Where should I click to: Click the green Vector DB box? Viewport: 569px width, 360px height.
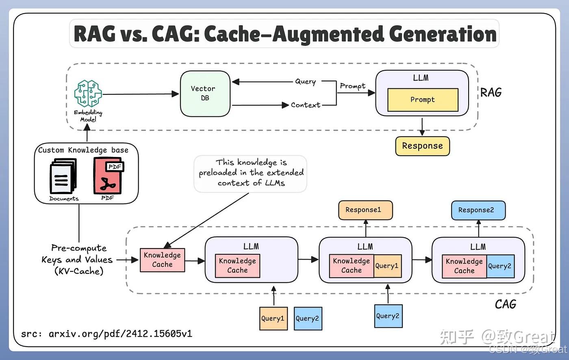pyautogui.click(x=205, y=94)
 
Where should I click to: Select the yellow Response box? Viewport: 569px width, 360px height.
pyautogui.click(x=422, y=146)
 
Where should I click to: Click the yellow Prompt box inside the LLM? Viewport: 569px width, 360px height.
pyautogui.click(x=423, y=100)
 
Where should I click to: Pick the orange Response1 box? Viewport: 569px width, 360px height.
pyautogui.click(x=365, y=210)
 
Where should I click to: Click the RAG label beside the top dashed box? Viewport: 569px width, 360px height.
pyautogui.click(x=491, y=93)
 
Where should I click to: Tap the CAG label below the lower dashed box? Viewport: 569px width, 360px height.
pyautogui.click(x=505, y=304)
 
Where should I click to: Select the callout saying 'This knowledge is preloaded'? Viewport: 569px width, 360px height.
pyautogui.click(x=250, y=173)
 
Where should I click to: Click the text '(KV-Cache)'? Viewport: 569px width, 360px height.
pyautogui.click(x=79, y=271)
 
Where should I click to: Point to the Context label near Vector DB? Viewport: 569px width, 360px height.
pyautogui.click(x=305, y=105)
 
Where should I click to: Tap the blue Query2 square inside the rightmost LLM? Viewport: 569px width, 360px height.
pyautogui.click(x=500, y=266)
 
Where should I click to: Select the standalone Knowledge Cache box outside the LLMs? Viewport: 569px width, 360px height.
pyautogui.click(x=162, y=260)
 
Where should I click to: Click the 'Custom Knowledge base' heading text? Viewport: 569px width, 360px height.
pyautogui.click(x=83, y=150)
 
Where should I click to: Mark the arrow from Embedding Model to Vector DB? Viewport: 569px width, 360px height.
pyautogui.click(x=140, y=94)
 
